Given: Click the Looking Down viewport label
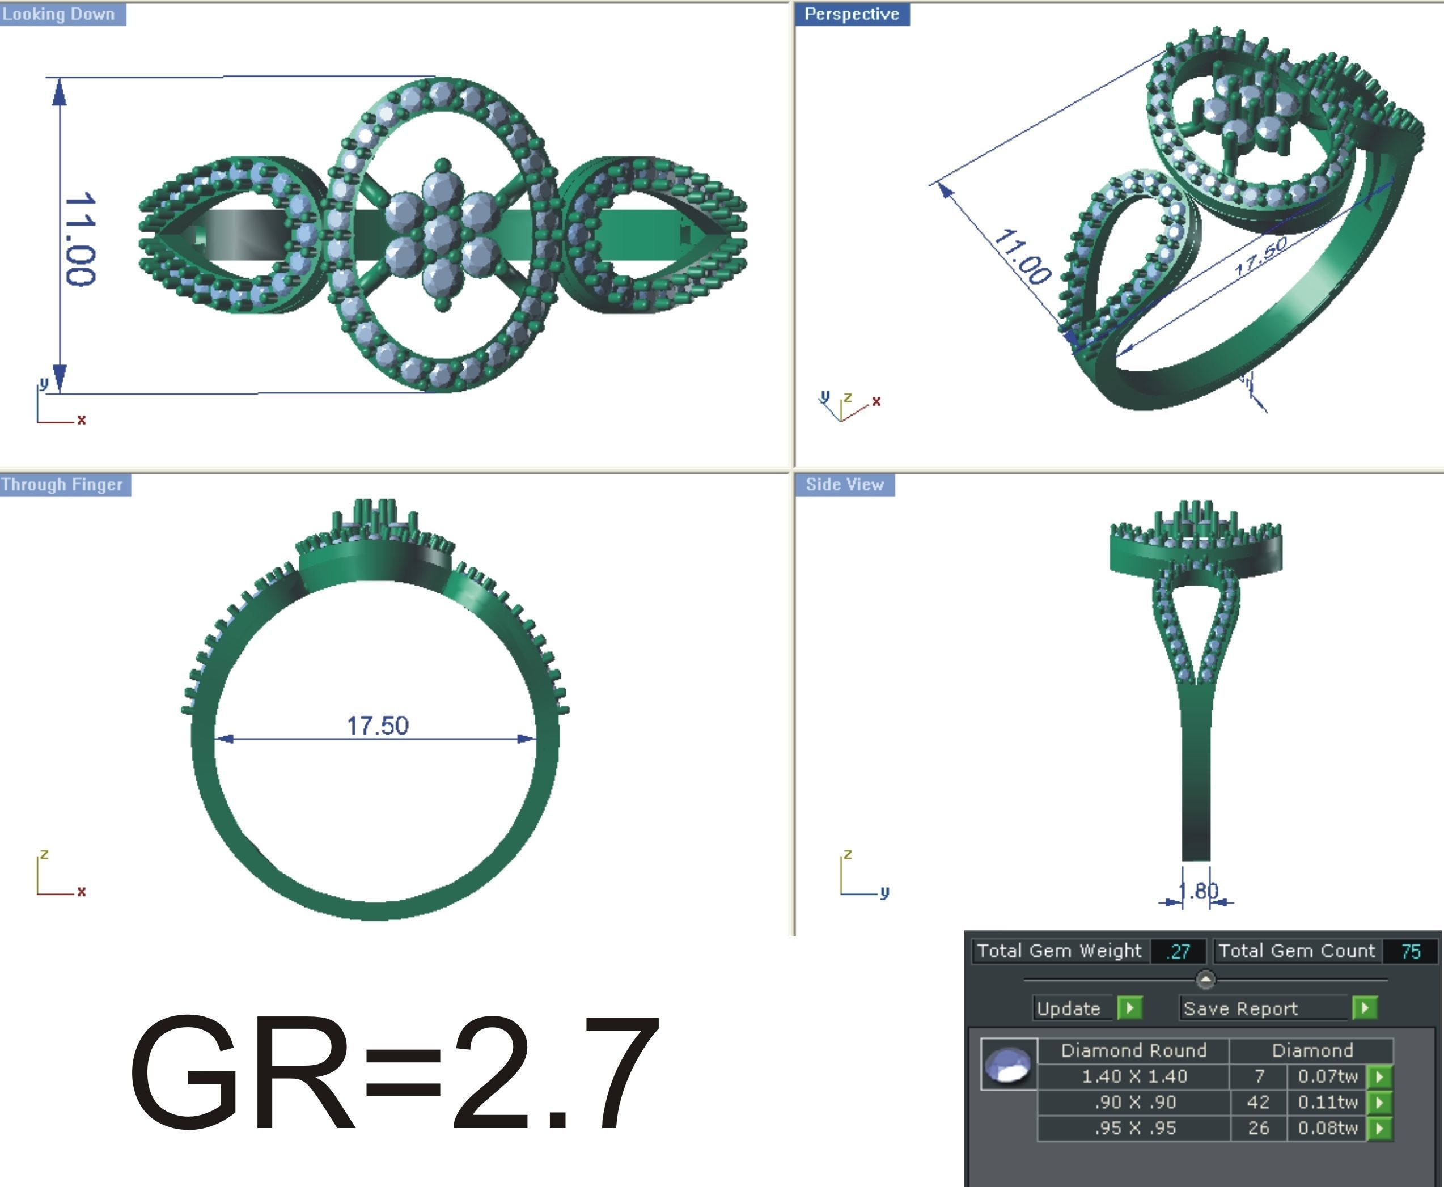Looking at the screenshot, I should (60, 14).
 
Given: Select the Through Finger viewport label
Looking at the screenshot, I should (63, 484).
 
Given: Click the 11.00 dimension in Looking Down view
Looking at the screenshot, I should (81, 239).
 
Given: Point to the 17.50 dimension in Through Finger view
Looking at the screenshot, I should (378, 726).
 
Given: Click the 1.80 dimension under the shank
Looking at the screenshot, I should (1198, 891).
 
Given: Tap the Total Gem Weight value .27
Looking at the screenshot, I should (1179, 951).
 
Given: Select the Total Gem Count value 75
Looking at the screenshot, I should (1410, 951).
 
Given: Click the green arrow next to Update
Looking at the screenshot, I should (1129, 1008).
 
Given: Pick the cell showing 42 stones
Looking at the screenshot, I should (1258, 1102).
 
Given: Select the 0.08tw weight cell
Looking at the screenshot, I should (1327, 1127).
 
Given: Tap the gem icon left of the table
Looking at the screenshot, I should (1009, 1064).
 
